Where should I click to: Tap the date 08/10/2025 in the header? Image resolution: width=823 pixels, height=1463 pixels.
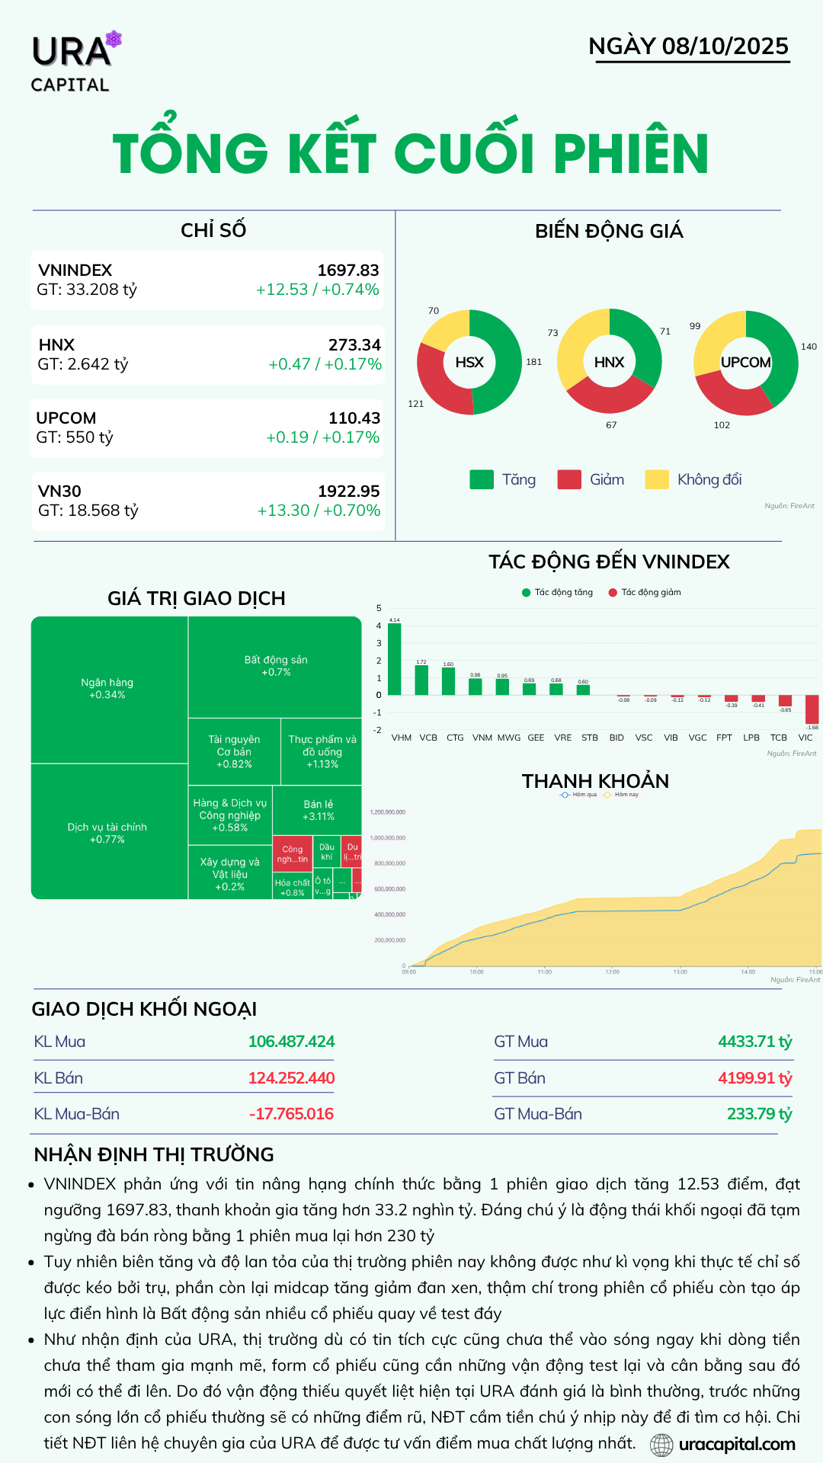point(725,46)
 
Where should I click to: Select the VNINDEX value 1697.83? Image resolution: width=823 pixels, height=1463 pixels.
point(347,271)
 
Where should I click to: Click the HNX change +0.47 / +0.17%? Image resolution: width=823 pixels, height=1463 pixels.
point(325,364)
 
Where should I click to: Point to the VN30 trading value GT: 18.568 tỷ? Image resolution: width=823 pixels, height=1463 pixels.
point(88,511)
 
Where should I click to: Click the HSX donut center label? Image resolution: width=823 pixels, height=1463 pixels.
point(469,363)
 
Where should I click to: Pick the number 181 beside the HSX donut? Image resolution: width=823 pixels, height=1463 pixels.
point(533,362)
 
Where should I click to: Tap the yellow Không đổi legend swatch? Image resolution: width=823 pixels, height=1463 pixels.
point(656,479)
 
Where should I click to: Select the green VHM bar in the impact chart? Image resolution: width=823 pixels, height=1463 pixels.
point(395,659)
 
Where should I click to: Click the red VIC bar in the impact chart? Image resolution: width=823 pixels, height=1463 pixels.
point(812,709)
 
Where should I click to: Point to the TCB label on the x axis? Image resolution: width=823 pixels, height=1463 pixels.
point(778,738)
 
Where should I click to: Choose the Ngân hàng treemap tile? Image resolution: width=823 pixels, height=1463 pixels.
point(107,688)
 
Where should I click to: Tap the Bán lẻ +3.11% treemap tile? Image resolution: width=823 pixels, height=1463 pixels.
point(318,810)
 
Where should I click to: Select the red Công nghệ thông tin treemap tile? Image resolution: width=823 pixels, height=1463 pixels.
point(292,854)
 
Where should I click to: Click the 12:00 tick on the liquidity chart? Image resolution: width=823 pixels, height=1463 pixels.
point(612,972)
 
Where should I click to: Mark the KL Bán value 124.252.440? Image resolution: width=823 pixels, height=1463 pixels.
point(291,1078)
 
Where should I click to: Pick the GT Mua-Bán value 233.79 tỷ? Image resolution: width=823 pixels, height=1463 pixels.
point(759,1114)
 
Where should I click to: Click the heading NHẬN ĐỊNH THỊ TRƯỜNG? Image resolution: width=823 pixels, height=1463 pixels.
point(154,1154)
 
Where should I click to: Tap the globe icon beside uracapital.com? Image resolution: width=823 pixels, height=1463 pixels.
point(661,1445)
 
